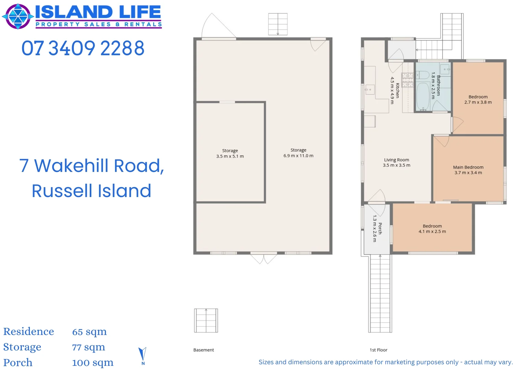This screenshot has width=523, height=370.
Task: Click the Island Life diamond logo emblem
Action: (x=18, y=16)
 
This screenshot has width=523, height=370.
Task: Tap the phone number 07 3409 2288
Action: (x=83, y=48)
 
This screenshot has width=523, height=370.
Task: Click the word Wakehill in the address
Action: (x=72, y=166)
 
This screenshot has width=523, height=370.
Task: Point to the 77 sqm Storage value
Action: (x=89, y=347)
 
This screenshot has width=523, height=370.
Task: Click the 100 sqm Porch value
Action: (x=93, y=363)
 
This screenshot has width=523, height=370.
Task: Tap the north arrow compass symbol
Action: (x=143, y=356)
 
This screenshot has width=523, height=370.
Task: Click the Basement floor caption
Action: (x=204, y=350)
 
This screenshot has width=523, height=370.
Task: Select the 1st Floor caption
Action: (x=379, y=350)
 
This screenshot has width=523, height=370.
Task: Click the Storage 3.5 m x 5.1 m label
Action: (x=230, y=153)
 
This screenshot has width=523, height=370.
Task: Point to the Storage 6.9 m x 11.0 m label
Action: (x=298, y=153)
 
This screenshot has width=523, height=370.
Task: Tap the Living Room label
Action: (x=396, y=162)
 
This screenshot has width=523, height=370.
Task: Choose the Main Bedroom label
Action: (x=468, y=170)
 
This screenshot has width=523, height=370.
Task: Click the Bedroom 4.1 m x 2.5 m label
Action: (x=432, y=229)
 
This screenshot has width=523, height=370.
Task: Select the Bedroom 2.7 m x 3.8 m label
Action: (x=478, y=99)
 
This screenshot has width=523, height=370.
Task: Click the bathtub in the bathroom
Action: (x=423, y=96)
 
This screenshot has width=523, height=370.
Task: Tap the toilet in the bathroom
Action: (x=423, y=75)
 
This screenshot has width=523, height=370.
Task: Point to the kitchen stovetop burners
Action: (x=407, y=80)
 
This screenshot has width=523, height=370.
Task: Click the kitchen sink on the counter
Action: (x=370, y=90)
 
